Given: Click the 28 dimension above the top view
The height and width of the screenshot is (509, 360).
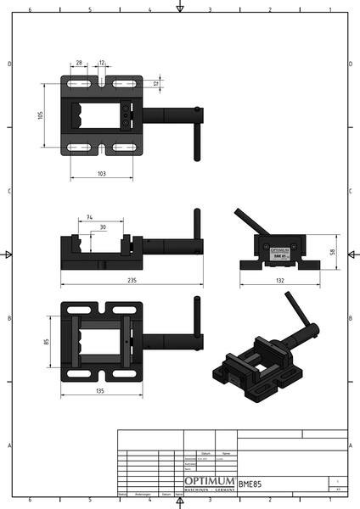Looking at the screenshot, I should click(79, 64).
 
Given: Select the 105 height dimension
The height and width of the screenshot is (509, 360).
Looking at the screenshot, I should click(41, 115).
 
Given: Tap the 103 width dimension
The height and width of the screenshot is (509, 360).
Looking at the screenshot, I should click(101, 173).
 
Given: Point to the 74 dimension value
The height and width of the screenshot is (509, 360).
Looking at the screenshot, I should click(89, 218).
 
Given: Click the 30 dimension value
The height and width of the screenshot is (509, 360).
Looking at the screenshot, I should click(103, 227).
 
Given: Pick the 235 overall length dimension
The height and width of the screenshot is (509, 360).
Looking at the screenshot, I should click(132, 280).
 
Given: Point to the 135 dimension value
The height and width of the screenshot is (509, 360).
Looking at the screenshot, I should click(101, 392).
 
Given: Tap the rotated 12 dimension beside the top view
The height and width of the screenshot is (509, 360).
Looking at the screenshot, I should click(156, 83).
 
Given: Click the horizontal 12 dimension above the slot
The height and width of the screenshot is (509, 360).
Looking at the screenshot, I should click(102, 64).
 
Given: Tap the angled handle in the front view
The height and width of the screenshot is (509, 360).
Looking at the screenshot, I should click(249, 221).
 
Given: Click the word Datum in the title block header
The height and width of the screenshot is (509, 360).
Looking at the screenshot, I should click(205, 454).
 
